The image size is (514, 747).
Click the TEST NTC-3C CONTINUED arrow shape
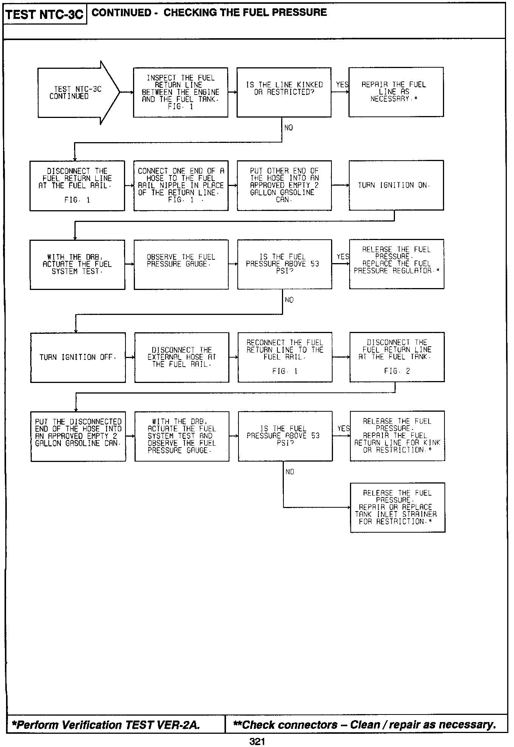pyautogui.click(x=76, y=93)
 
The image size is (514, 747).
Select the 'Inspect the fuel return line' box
pyautogui.click(x=181, y=92)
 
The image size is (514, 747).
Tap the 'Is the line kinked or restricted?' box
pyautogui.click(x=284, y=92)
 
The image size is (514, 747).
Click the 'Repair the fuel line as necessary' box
pyautogui.click(x=396, y=92)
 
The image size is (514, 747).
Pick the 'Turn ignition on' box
pyautogui.click(x=396, y=185)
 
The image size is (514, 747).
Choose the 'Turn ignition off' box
pyautogui.click(x=77, y=357)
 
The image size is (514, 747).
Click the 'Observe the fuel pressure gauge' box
pyautogui.click(x=181, y=264)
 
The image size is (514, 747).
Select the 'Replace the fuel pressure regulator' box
pyautogui.click(x=396, y=264)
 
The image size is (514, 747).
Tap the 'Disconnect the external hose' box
pyautogui.click(x=181, y=357)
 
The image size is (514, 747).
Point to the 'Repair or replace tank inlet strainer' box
pyautogui.click(x=397, y=507)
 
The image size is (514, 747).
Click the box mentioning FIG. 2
pyautogui.click(x=397, y=357)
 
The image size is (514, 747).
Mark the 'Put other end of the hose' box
pyautogui.click(x=284, y=185)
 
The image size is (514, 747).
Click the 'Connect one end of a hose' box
pyautogui.click(x=181, y=185)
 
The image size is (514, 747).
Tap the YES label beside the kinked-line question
pyautogui.click(x=342, y=85)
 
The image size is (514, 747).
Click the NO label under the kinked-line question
pyautogui.click(x=288, y=128)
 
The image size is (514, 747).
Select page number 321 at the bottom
pyautogui.click(x=257, y=741)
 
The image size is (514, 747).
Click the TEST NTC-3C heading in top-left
pyautogui.click(x=45, y=14)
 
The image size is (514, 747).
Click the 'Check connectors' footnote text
pyautogui.click(x=365, y=725)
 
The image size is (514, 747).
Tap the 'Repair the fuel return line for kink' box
pyautogui.click(x=397, y=435)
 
